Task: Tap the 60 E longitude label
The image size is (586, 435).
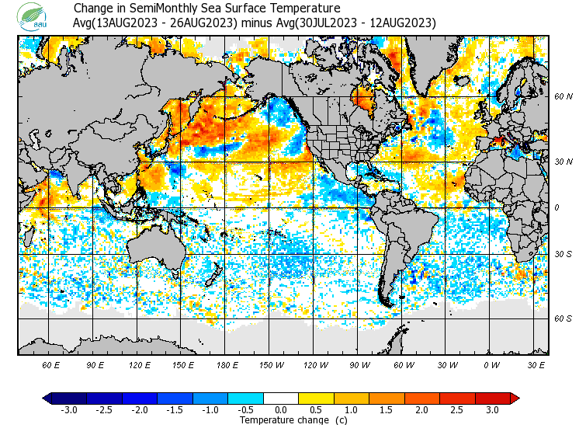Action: [x=51, y=364]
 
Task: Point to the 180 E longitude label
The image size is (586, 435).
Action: [x=227, y=364]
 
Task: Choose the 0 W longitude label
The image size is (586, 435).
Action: [x=491, y=364]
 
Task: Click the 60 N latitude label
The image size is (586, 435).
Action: [x=563, y=97]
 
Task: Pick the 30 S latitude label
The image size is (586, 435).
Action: [x=563, y=255]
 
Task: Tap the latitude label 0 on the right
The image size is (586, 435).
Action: [x=557, y=207]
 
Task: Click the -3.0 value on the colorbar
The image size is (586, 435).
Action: [x=69, y=409]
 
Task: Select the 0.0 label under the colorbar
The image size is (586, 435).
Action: [x=281, y=409]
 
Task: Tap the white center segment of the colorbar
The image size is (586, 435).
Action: [x=281, y=398]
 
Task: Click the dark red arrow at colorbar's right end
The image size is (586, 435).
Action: [x=514, y=398]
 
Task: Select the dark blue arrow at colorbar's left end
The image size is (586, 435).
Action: [x=47, y=398]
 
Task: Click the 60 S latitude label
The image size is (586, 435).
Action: [x=563, y=318]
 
